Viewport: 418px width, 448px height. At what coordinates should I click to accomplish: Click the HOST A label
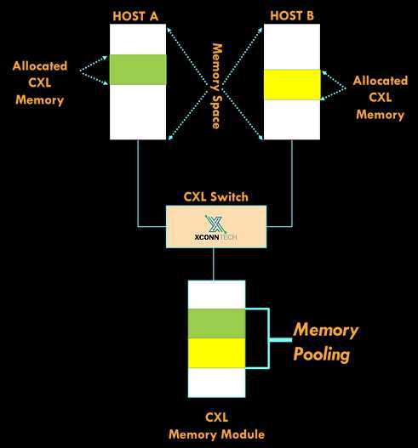tap(135, 16)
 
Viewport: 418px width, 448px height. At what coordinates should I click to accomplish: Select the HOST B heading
tap(292, 15)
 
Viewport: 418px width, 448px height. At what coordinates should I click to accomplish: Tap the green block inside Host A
tap(138, 70)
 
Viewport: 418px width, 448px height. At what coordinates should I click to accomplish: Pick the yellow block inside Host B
tap(292, 84)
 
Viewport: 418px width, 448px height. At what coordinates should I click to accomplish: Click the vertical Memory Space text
tap(217, 86)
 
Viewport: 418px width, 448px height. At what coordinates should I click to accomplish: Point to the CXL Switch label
tap(215, 197)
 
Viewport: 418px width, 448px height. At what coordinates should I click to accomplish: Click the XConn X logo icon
tap(215, 224)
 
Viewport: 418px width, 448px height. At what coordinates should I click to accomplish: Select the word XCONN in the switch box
tap(207, 237)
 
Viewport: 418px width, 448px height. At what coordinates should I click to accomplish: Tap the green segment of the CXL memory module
tap(216, 323)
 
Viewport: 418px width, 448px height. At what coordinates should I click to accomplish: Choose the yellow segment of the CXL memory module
tap(216, 353)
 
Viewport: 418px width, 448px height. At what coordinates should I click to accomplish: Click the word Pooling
tap(322, 354)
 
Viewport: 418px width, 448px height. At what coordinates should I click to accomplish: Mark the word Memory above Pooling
tap(325, 331)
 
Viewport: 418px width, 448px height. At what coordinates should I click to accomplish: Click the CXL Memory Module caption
tap(216, 426)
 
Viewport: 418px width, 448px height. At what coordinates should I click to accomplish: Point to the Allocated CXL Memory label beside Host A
tap(40, 82)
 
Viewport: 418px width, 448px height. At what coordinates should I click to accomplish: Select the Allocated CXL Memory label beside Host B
tap(381, 98)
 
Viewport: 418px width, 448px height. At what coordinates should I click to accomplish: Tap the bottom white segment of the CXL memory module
tap(216, 383)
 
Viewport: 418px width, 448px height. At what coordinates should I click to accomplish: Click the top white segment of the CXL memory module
tap(216, 295)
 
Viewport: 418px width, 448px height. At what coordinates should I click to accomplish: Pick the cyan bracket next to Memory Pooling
tap(268, 338)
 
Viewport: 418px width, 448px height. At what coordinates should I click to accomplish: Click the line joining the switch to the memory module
tap(214, 264)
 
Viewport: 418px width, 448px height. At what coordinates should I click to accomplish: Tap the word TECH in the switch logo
tap(228, 237)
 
